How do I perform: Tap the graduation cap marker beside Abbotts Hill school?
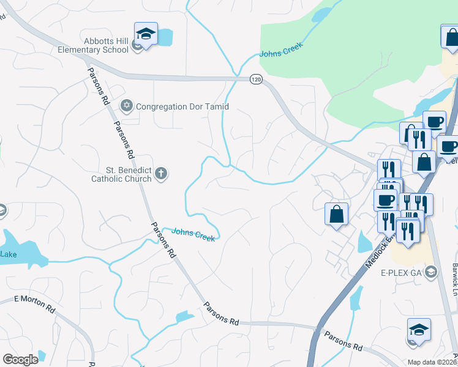pos(146,34)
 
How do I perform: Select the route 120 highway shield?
pos(256,79)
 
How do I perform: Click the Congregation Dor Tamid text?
pos(182,106)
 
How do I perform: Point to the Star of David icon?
pos(127,106)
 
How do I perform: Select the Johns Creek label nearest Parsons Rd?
pos(193,235)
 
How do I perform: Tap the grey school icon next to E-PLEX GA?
pos(431,272)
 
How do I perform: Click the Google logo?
pos(20,360)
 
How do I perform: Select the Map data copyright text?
pos(432,362)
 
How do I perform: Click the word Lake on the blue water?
pos(9,254)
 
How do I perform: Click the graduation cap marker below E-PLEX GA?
pos(419,330)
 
